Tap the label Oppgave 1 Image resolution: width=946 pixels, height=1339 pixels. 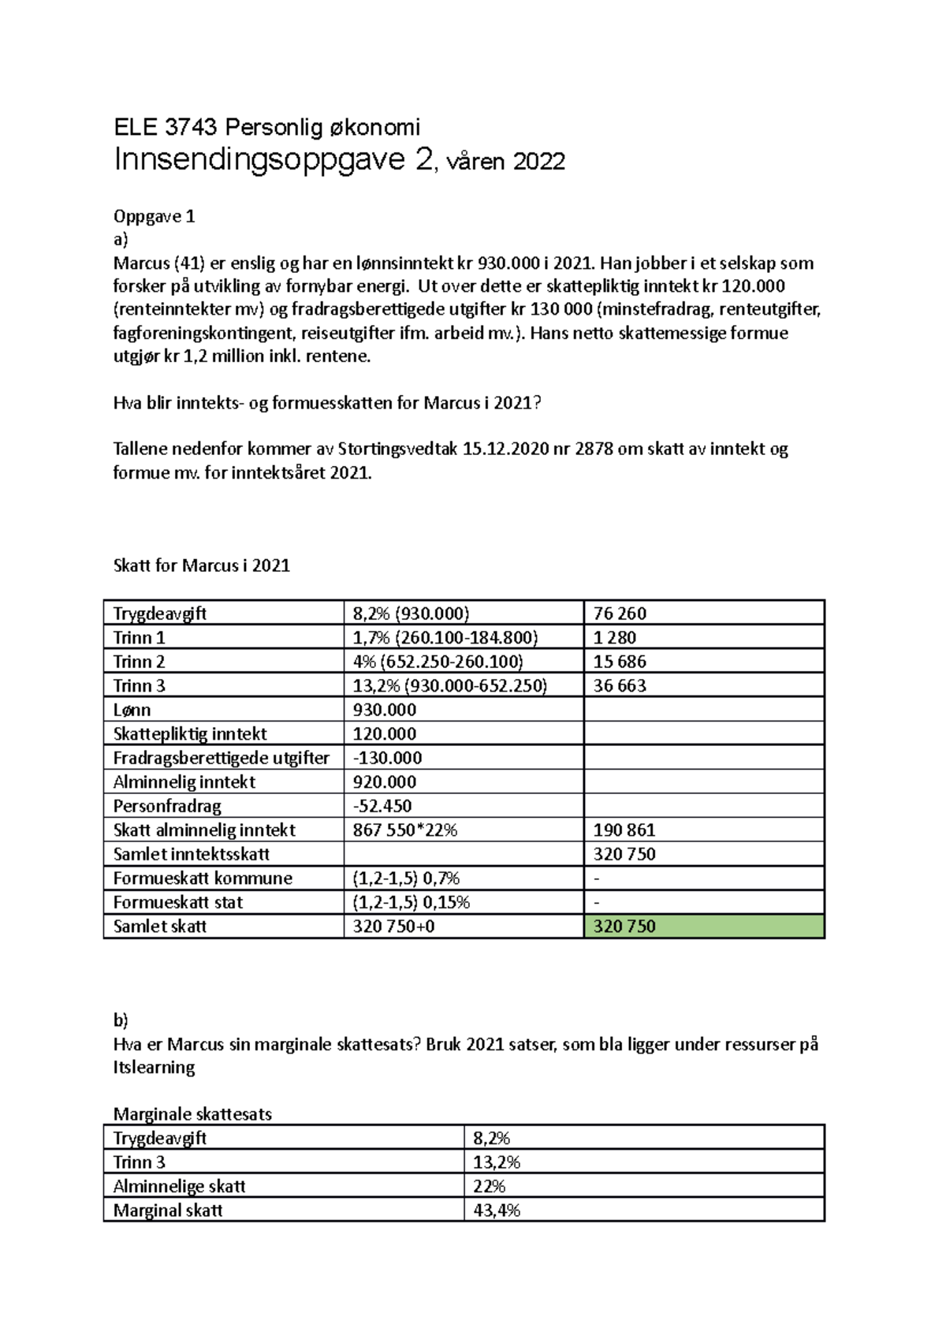click(x=154, y=216)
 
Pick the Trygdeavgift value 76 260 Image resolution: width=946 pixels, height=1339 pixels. click(x=620, y=614)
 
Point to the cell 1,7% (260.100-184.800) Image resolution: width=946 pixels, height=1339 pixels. click(x=445, y=637)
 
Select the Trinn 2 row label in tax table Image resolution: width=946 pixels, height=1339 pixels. click(x=139, y=662)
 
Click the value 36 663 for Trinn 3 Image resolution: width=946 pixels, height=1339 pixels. click(x=620, y=685)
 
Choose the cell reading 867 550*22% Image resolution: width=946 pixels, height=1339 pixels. click(x=405, y=830)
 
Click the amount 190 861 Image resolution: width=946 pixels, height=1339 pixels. click(x=624, y=830)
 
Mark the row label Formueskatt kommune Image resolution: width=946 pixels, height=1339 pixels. click(x=203, y=878)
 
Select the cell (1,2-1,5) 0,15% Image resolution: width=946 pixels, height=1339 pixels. click(x=411, y=902)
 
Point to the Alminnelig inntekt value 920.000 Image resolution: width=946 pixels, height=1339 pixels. click(x=384, y=781)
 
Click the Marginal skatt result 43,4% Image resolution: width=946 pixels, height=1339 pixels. click(x=497, y=1210)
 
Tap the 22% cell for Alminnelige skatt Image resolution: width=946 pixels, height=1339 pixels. click(x=489, y=1186)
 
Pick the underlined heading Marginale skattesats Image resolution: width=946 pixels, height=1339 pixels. click(x=192, y=1114)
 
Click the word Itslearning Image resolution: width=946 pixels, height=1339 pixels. click(x=154, y=1068)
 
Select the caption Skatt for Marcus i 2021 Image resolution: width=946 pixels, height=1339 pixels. click(x=202, y=565)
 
